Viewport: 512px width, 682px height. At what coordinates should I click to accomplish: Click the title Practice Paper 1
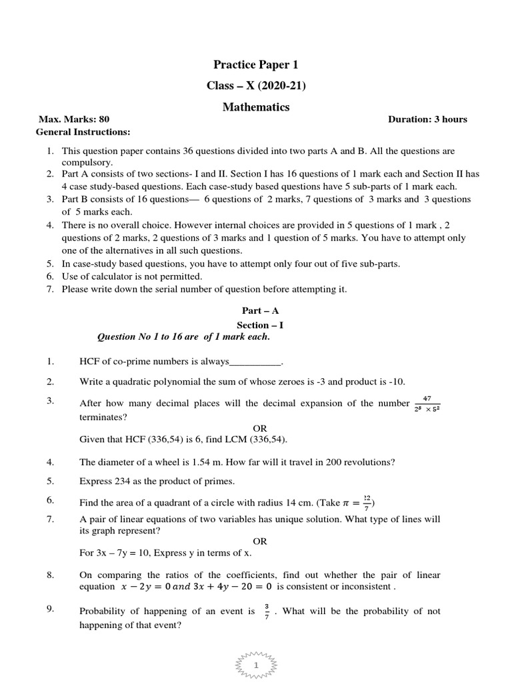(256, 65)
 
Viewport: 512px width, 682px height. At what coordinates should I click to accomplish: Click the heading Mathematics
(256, 107)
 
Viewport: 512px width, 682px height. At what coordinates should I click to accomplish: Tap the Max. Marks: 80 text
(74, 120)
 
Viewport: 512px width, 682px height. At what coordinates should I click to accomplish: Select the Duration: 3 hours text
(427, 120)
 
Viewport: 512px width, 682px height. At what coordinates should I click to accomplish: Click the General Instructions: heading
(83, 132)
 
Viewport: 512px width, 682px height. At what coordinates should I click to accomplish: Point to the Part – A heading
(256, 312)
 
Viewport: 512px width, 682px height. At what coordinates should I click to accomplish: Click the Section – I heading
(256, 325)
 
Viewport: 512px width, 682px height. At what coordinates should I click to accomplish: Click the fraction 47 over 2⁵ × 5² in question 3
(427, 404)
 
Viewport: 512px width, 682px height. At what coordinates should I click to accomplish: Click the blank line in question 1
(255, 362)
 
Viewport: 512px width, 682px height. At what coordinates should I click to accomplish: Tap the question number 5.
(49, 481)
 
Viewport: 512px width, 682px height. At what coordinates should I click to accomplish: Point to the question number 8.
(49, 574)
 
